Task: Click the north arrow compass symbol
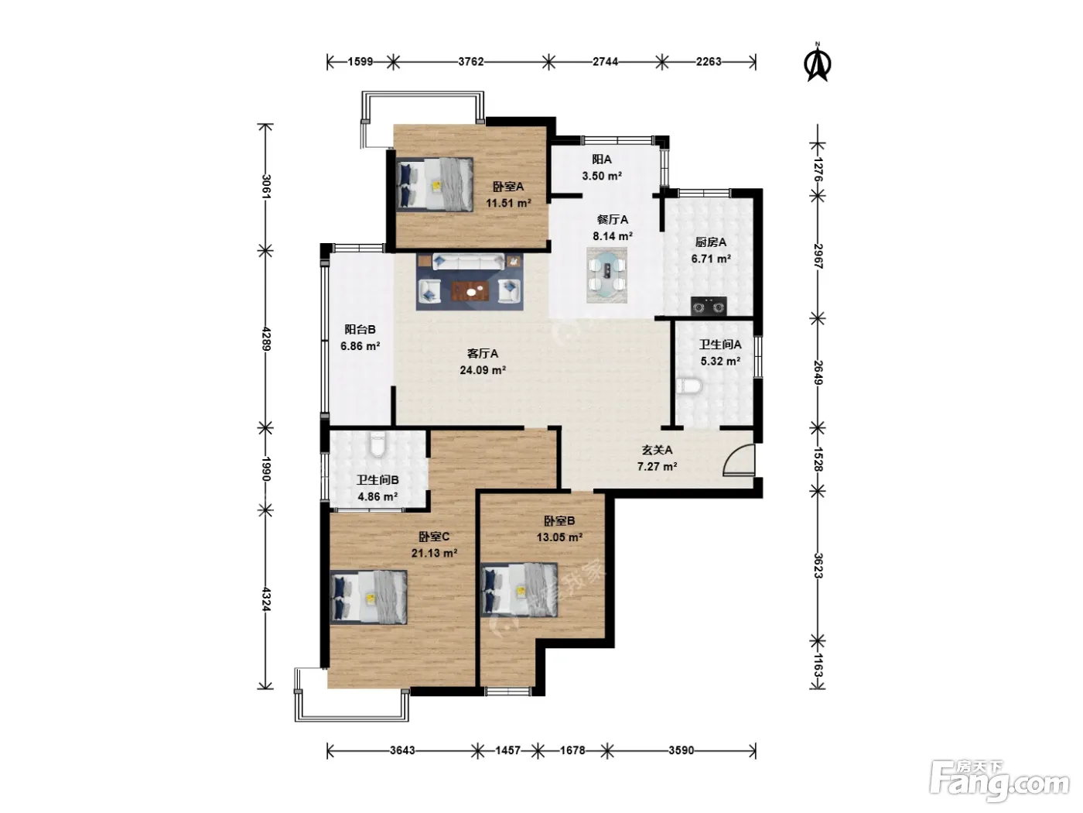[x=818, y=63]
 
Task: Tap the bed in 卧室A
[x=435, y=184]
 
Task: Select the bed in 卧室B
[x=520, y=590]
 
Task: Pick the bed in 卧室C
[x=368, y=597]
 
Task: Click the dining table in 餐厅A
[x=607, y=275]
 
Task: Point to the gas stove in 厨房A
[x=709, y=306]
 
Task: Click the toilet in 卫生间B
[x=378, y=444]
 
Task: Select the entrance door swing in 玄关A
[x=739, y=460]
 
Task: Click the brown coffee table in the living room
[x=470, y=291]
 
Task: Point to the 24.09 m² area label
[x=483, y=370]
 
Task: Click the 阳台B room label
[x=360, y=329]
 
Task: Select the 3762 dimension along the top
[x=470, y=62]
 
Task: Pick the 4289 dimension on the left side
[x=266, y=338]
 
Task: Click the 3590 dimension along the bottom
[x=682, y=750]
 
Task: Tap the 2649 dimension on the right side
[x=818, y=372]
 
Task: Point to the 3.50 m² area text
[x=602, y=176]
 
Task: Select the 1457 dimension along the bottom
[x=507, y=750]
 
